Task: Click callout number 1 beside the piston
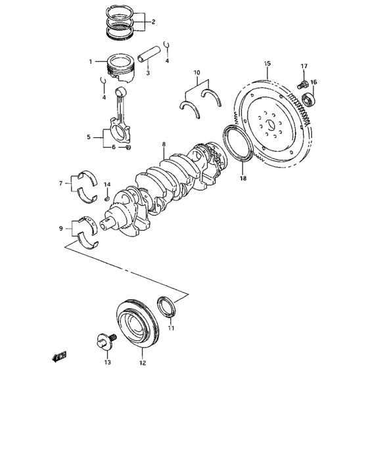92,62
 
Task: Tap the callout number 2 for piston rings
153,22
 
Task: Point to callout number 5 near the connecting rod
89,137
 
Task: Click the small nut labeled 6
128,147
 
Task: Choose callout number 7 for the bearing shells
60,183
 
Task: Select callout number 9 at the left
60,229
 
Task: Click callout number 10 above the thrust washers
196,72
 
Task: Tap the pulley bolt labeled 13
102,342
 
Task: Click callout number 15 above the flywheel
267,64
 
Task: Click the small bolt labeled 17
302,84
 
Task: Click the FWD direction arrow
60,356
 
